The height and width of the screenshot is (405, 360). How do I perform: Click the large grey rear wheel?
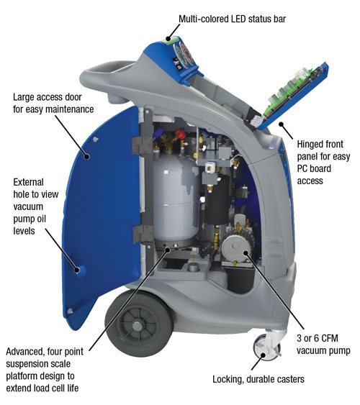coord(139,323)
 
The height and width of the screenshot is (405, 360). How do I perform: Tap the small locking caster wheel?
coord(262,347)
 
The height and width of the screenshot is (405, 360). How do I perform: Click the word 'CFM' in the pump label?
coord(328,338)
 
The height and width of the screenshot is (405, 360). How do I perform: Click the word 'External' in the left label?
coord(28,182)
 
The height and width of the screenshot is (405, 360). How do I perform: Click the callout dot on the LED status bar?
coord(168,40)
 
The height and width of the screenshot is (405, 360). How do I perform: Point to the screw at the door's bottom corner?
coord(70,311)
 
